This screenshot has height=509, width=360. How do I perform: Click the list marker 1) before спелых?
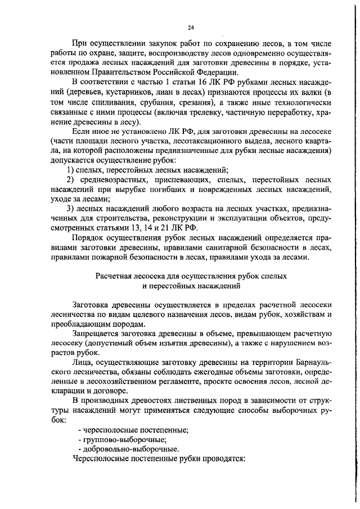(x=71, y=169)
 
